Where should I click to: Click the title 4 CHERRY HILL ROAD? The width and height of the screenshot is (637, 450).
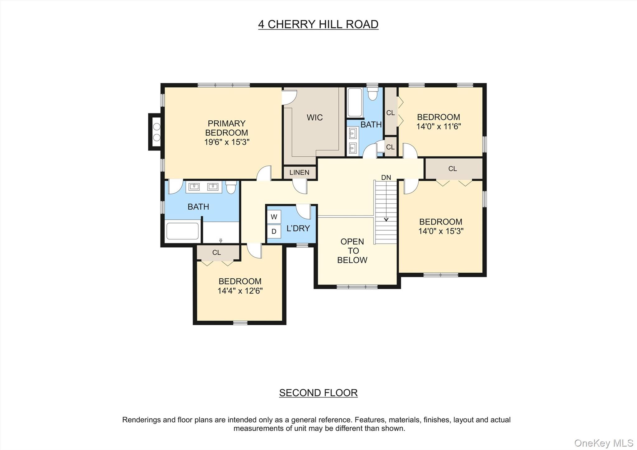(318, 24)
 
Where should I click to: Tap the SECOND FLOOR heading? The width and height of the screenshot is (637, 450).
(318, 393)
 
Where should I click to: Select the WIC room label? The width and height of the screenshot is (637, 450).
(314, 118)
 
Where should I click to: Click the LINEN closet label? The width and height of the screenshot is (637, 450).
(299, 173)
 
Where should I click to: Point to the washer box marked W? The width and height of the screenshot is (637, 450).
(274, 217)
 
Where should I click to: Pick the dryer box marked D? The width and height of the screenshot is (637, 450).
(274, 231)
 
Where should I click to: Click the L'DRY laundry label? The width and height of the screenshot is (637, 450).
(298, 229)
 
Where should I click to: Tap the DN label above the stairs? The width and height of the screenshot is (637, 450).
(386, 178)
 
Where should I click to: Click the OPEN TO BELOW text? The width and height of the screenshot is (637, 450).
(352, 251)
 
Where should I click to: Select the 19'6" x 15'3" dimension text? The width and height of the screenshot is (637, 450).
(227, 142)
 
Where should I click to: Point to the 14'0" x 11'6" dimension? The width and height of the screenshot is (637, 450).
(439, 127)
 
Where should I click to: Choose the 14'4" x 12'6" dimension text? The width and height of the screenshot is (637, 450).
(240, 291)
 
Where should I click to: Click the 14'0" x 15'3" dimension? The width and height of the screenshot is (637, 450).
(441, 231)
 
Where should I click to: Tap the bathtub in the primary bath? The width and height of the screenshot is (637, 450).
(183, 231)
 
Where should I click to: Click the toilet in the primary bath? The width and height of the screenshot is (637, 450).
(231, 187)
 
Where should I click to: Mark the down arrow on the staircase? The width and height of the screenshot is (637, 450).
(386, 219)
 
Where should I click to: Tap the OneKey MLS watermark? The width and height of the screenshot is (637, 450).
(603, 443)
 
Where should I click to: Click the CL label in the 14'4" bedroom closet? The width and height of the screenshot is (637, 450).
(216, 253)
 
